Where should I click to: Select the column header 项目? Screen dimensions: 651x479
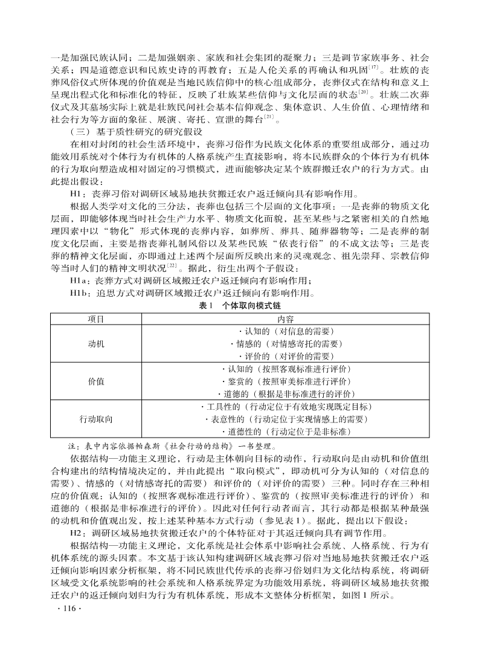pos(96,319)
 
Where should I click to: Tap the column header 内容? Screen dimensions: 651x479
pos(286,319)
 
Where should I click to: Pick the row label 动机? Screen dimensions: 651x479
pos(96,344)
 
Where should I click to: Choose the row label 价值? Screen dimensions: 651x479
pos(96,381)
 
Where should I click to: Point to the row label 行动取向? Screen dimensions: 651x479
pos(96,419)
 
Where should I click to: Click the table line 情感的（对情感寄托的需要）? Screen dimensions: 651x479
pos(286,344)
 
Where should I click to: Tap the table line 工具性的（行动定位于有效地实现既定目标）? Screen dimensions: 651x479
pos(286,407)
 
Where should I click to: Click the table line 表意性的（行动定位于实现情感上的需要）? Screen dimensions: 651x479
pos(286,419)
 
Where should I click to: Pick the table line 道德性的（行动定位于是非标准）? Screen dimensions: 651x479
pos(286,432)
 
